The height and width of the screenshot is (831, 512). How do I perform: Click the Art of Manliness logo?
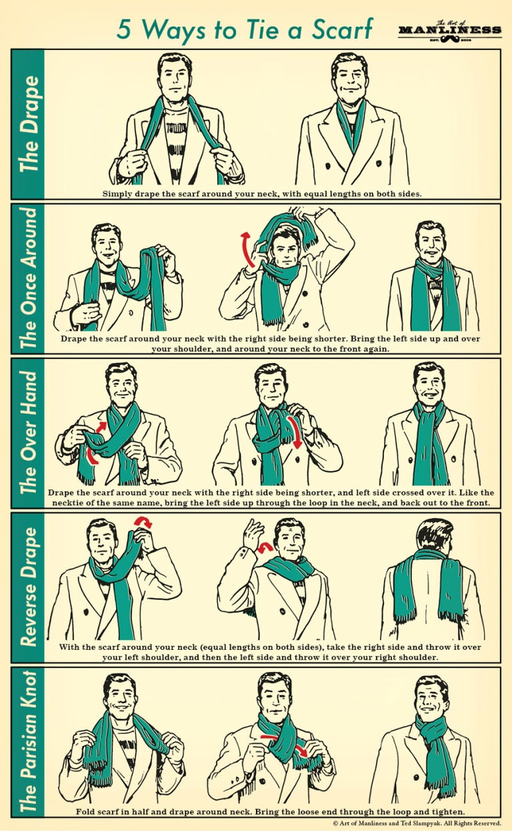pyautogui.click(x=449, y=30)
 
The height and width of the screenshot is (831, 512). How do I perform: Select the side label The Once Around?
pyautogui.click(x=29, y=278)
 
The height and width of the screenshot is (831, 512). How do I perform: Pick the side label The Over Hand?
pyautogui.click(x=29, y=433)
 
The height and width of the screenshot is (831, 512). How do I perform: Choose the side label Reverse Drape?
pyautogui.click(x=29, y=587)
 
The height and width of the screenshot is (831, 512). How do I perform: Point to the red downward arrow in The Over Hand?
pyautogui.click(x=295, y=433)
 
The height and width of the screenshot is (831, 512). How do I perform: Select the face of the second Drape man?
pyautogui.click(x=349, y=80)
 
